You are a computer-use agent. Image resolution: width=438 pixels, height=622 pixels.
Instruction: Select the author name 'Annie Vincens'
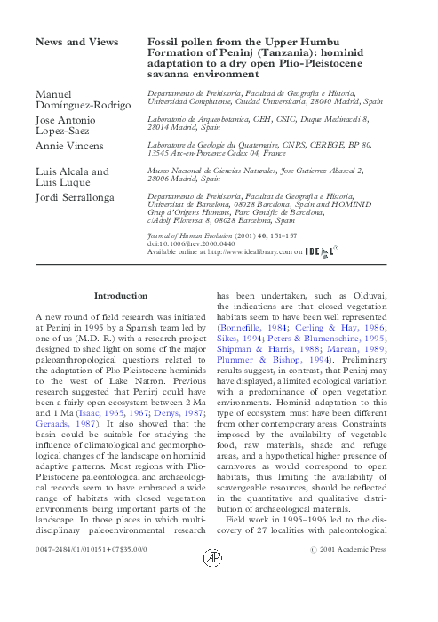tap(68, 145)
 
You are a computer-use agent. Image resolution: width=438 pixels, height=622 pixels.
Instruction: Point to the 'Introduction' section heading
tap(120, 294)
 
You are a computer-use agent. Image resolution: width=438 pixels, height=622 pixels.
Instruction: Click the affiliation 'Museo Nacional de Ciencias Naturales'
tap(210, 169)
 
